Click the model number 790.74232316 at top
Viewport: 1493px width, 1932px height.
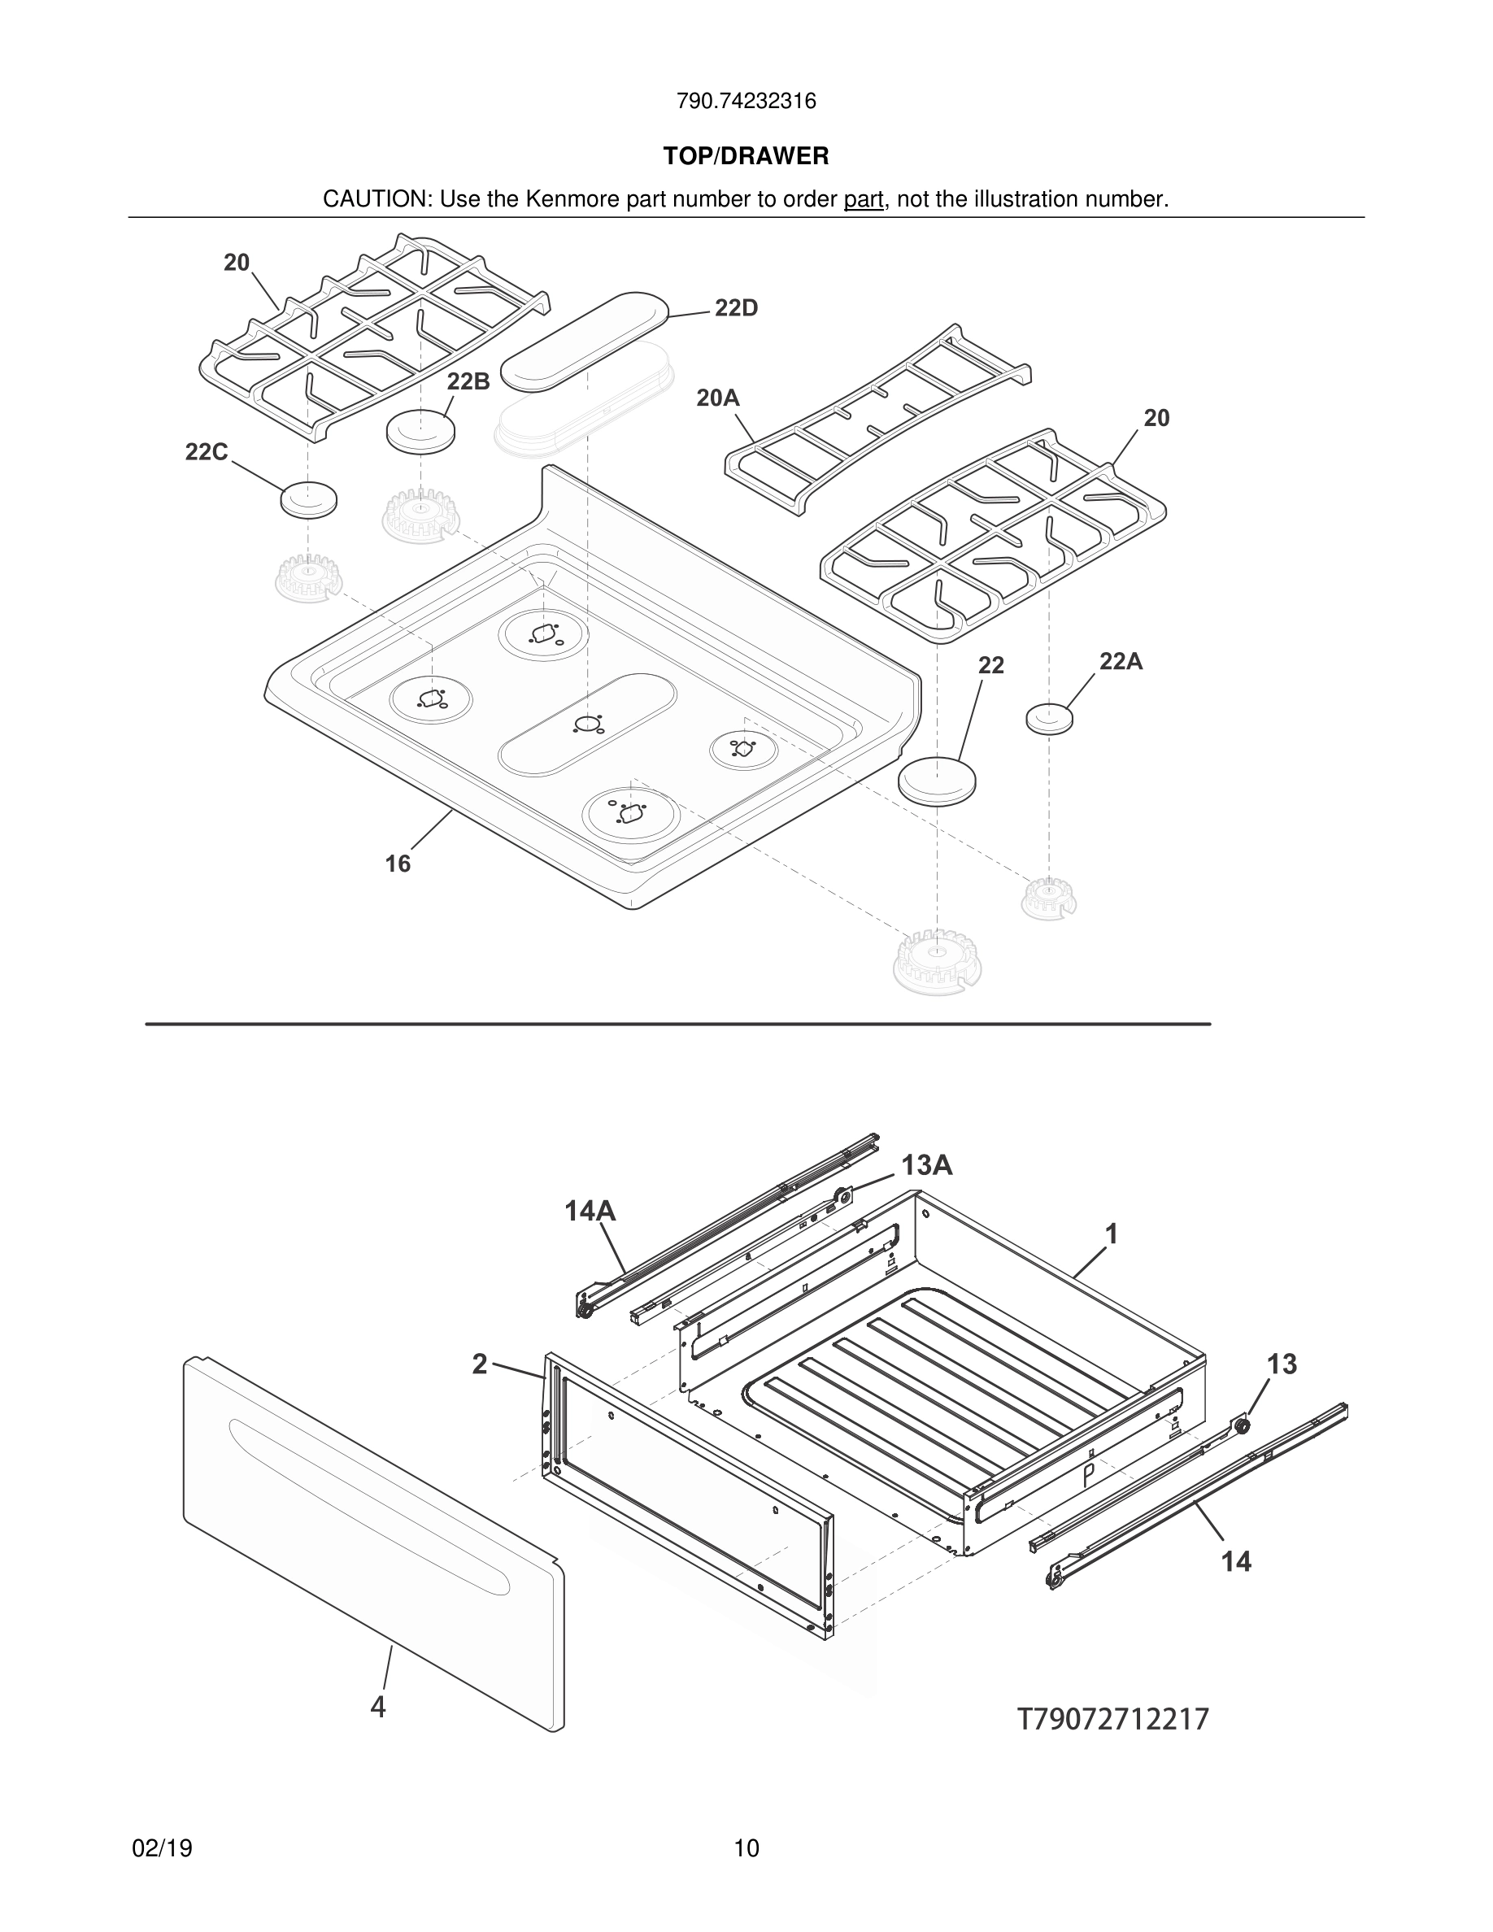pyautogui.click(x=746, y=102)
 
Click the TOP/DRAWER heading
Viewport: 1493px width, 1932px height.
pyautogui.click(x=746, y=157)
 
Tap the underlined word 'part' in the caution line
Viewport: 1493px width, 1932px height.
pyautogui.click(x=864, y=200)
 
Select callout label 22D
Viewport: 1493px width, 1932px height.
pyautogui.click(x=736, y=309)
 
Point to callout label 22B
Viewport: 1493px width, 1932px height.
pyautogui.click(x=468, y=381)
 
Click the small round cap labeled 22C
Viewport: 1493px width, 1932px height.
pyautogui.click(x=309, y=500)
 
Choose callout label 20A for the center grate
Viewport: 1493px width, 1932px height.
pyautogui.click(x=717, y=398)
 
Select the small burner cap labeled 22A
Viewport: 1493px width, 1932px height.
pyautogui.click(x=1050, y=717)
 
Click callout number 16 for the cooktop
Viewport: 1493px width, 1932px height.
pyautogui.click(x=398, y=864)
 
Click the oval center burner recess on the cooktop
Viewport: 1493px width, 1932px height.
pyautogui.click(x=587, y=724)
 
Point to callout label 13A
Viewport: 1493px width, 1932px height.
pyautogui.click(x=926, y=1165)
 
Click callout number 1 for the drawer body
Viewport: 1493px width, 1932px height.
pyautogui.click(x=1112, y=1234)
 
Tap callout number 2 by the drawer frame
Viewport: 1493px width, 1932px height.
pyautogui.click(x=480, y=1364)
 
